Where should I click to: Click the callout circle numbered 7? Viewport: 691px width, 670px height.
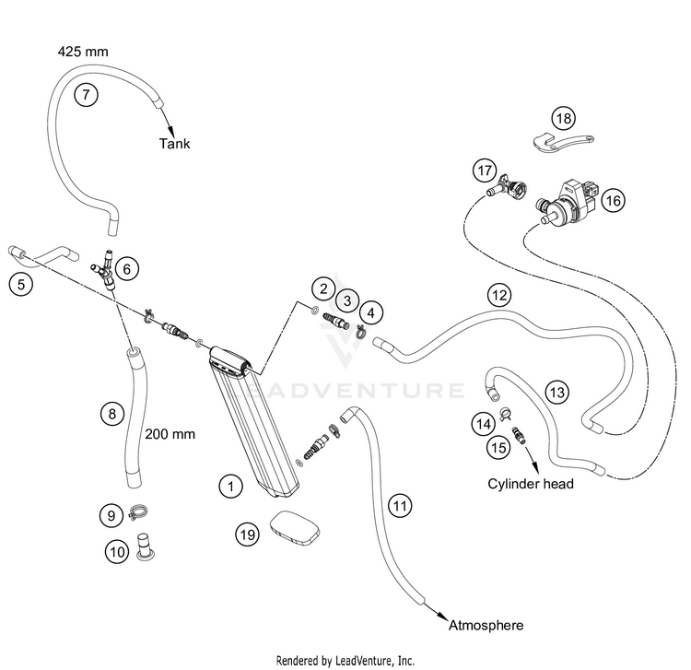(x=86, y=94)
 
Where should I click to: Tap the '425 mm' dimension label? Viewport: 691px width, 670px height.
(x=83, y=52)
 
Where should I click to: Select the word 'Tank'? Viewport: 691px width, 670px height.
(x=174, y=144)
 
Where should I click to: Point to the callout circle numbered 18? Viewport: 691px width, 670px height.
(x=564, y=118)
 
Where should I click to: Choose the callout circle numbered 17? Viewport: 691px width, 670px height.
(x=485, y=170)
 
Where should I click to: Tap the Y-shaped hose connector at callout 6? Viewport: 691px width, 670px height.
(x=104, y=269)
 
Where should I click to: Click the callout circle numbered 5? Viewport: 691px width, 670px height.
(x=21, y=284)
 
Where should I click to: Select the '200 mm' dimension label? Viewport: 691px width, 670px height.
(x=170, y=434)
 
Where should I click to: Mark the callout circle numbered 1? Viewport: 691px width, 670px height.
(x=231, y=487)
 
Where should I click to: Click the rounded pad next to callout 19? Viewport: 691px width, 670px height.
(x=295, y=529)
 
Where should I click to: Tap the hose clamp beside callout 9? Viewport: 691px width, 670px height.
(x=137, y=513)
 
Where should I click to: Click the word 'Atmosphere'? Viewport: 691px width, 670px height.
(x=486, y=625)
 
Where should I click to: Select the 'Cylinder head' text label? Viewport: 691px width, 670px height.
(x=531, y=484)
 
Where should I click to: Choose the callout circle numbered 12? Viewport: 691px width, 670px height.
(x=499, y=294)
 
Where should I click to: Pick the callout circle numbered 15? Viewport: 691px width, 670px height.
(x=498, y=448)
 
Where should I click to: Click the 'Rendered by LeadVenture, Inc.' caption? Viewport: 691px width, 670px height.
(x=345, y=660)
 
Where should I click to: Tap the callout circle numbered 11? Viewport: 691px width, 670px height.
(x=400, y=506)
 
